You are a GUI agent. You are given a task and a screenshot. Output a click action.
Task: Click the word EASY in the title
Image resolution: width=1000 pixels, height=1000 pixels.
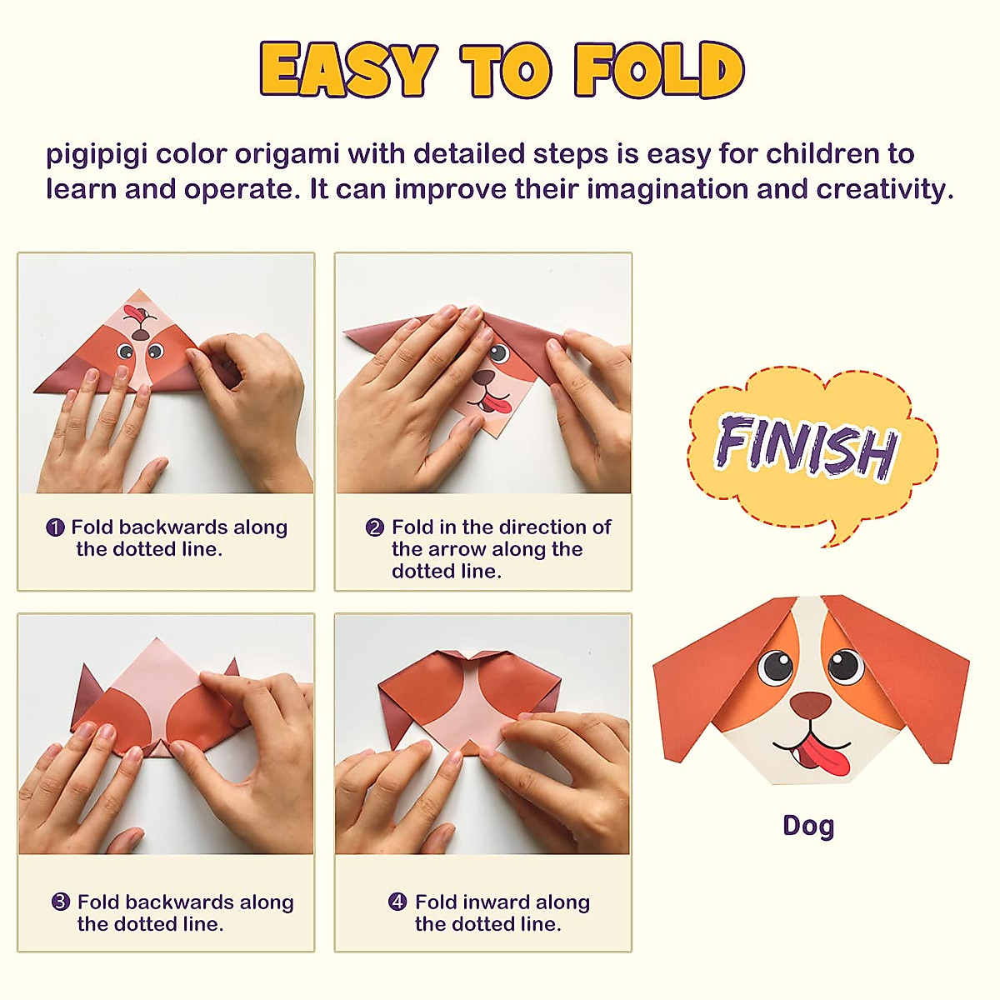click(348, 70)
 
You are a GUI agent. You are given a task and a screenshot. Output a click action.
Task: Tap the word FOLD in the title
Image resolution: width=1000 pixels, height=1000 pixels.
click(658, 70)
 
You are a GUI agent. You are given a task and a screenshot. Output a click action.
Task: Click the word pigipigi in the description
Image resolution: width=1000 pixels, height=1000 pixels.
click(97, 155)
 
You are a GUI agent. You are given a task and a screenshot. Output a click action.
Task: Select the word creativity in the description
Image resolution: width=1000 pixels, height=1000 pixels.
click(883, 190)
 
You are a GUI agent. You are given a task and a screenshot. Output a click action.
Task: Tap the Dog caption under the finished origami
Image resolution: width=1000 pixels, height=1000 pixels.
click(808, 826)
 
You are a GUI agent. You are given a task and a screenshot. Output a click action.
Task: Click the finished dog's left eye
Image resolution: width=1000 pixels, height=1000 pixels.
click(776, 666)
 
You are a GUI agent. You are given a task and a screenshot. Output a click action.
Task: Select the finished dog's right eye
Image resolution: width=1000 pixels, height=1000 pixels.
click(844, 664)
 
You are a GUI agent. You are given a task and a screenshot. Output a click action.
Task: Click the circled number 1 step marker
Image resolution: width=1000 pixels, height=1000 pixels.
click(55, 527)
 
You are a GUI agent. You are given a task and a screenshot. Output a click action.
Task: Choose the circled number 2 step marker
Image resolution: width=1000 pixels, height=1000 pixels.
click(375, 527)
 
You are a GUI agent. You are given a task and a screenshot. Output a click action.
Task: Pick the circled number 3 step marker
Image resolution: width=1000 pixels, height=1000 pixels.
click(61, 902)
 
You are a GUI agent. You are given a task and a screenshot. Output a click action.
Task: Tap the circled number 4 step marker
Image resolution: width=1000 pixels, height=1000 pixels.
click(398, 902)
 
